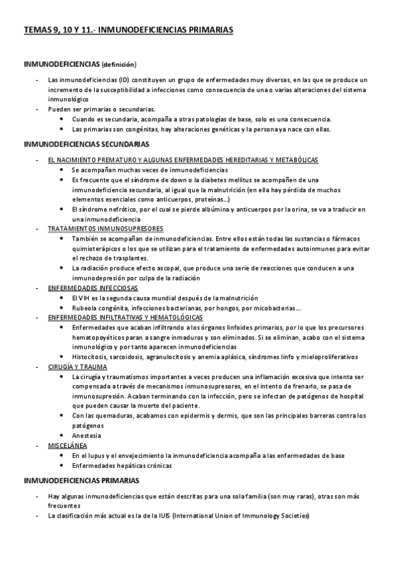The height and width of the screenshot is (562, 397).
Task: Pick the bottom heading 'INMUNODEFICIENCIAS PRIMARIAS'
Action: pyautogui.click(x=81, y=479)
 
